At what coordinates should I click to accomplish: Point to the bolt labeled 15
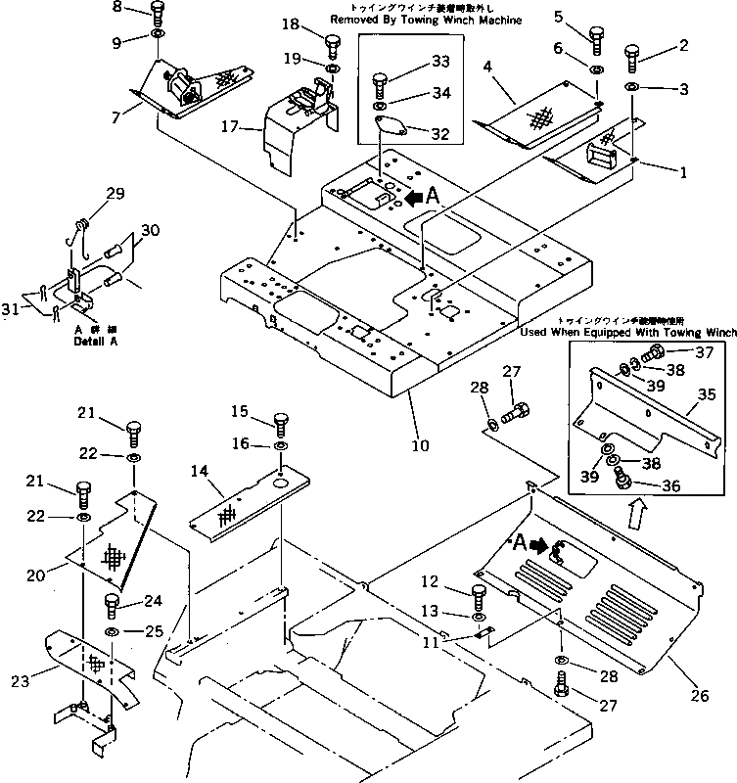280,424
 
